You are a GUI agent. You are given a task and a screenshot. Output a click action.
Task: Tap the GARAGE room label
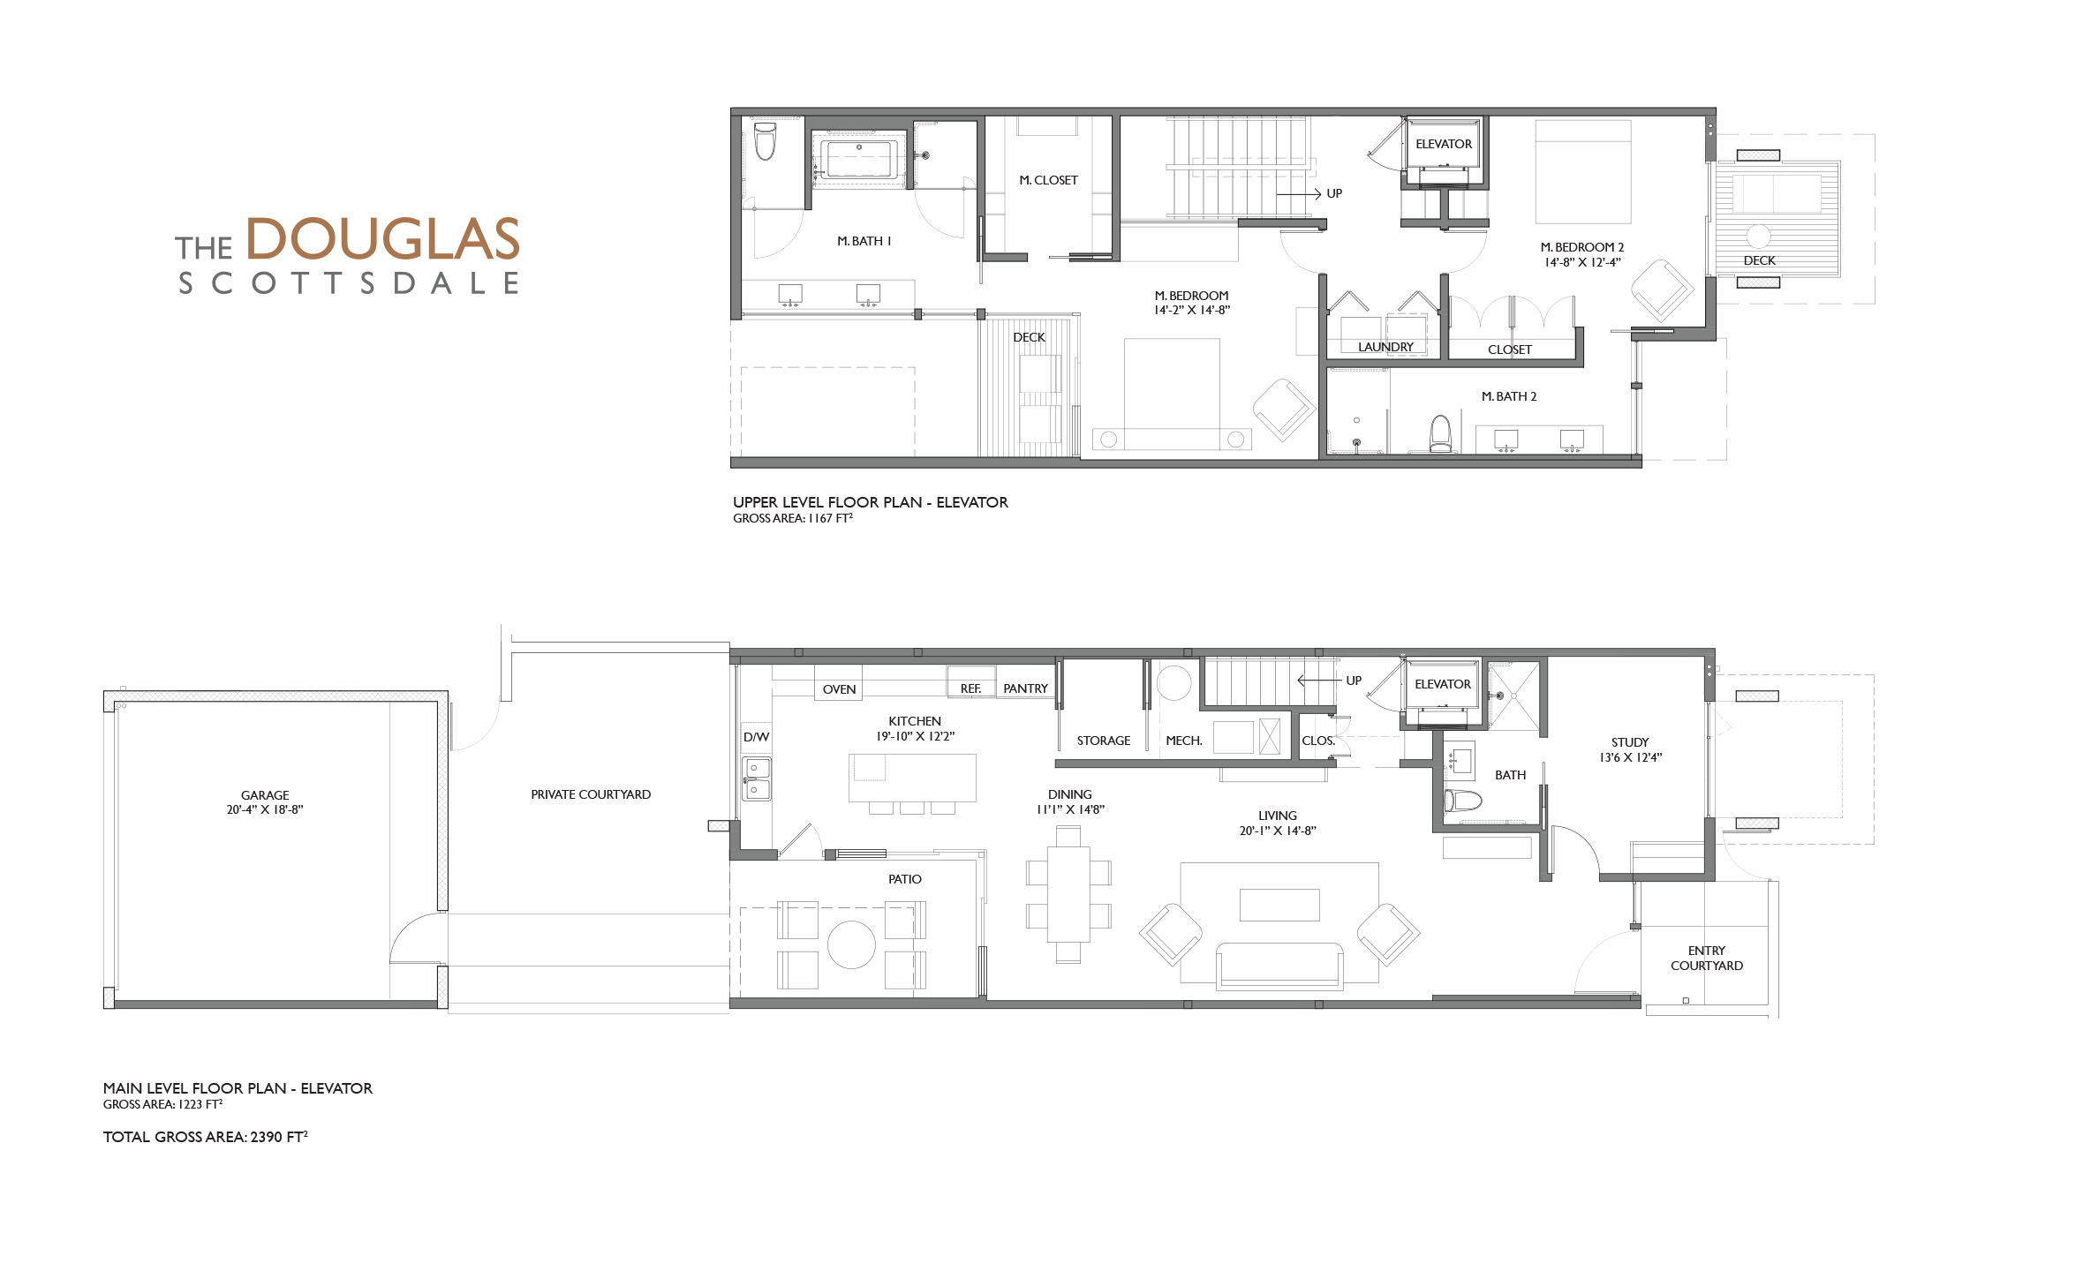265,795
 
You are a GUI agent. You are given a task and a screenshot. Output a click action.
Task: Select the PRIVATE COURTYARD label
591,794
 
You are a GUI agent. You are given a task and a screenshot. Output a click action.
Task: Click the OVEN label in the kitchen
839,689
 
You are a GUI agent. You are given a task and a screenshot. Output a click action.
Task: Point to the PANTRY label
1025,688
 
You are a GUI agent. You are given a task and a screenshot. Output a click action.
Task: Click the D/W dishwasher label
756,737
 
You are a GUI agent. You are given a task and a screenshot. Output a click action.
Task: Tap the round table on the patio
851,944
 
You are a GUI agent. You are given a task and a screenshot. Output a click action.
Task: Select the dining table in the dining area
1068,894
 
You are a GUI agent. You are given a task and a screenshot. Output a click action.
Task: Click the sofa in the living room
1279,965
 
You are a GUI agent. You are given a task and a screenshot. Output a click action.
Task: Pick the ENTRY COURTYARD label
1707,958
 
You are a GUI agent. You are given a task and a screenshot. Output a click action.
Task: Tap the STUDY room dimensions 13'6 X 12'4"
1631,757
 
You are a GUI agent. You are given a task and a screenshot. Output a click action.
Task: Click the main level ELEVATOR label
1443,684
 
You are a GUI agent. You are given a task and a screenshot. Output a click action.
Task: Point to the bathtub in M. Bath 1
859,160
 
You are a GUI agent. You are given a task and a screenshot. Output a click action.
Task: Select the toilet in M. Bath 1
765,141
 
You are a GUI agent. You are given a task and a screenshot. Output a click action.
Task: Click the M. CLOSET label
1048,180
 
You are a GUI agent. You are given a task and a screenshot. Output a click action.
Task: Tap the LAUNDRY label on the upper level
1385,347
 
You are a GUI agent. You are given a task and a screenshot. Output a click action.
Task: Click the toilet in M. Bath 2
1440,433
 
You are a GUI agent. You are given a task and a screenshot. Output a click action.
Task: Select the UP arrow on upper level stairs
1299,193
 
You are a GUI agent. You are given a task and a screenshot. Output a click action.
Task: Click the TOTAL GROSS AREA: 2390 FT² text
206,1137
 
